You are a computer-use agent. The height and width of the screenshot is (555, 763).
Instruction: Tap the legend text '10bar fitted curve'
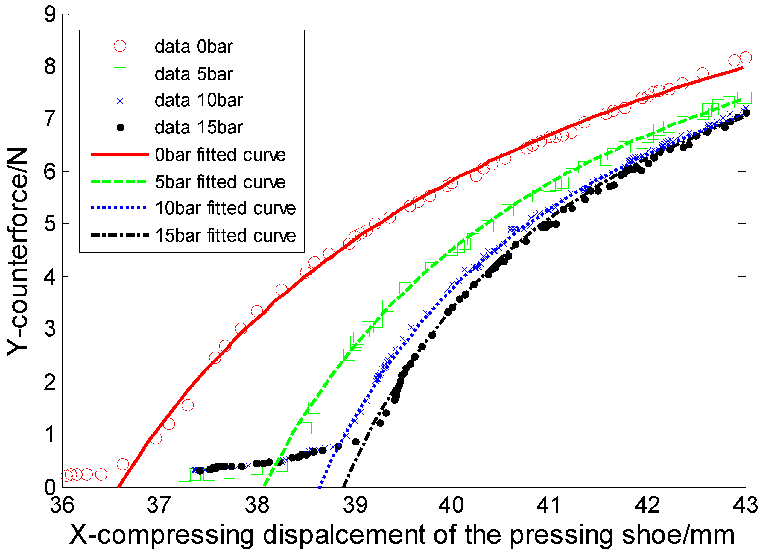pyautogui.click(x=225, y=208)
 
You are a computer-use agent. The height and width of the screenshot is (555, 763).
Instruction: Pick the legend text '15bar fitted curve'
pyautogui.click(x=225, y=235)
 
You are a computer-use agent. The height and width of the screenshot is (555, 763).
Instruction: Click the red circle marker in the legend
pyautogui.click(x=120, y=46)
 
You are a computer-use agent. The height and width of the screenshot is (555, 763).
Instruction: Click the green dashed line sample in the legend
pyautogui.click(x=120, y=182)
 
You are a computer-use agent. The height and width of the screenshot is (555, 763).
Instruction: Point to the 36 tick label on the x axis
pyautogui.click(x=62, y=505)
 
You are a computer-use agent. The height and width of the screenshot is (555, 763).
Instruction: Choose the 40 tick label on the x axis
pyautogui.click(x=451, y=505)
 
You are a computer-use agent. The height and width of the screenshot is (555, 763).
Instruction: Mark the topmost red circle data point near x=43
pyautogui.click(x=746, y=57)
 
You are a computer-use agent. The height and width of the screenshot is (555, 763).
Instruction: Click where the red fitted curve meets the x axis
pyautogui.click(x=119, y=486)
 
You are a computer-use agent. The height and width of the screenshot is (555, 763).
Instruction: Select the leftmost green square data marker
pyautogui.click(x=185, y=476)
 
